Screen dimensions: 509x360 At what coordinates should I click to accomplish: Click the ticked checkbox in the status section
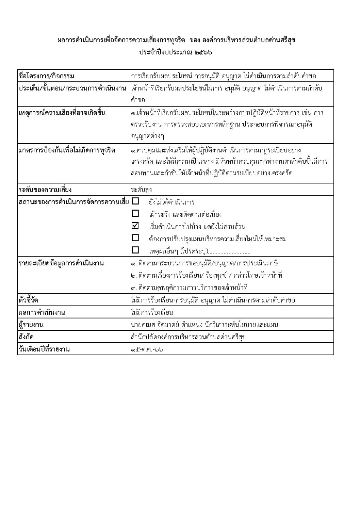click(135, 226)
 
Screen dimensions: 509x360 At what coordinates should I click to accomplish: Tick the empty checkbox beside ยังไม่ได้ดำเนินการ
click(135, 201)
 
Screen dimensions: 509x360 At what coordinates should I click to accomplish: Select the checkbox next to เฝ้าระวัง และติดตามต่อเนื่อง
click(135, 213)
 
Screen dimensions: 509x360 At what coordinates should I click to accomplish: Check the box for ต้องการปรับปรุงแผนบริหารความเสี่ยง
click(135, 238)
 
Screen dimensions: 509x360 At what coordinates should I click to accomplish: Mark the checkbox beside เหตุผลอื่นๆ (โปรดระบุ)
click(135, 250)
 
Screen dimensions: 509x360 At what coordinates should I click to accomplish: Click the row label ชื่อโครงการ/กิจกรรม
click(46, 76)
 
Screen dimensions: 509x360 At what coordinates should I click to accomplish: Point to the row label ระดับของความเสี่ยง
click(45, 190)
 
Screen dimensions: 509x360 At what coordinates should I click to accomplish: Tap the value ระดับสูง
click(141, 190)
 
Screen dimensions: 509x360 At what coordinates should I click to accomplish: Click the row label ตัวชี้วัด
click(28, 300)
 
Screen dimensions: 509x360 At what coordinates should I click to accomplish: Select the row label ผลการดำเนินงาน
click(42, 312)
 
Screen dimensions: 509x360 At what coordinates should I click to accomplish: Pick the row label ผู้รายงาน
click(31, 325)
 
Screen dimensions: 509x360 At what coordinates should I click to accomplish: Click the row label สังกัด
click(26, 337)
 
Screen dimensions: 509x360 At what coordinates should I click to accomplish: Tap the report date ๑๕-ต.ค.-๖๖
click(147, 349)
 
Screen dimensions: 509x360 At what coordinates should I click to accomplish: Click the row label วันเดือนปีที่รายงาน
click(44, 349)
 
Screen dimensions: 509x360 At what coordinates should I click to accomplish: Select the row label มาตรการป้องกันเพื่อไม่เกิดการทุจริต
click(67, 150)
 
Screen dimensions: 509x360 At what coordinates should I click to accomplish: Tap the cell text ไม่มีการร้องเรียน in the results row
click(152, 312)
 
